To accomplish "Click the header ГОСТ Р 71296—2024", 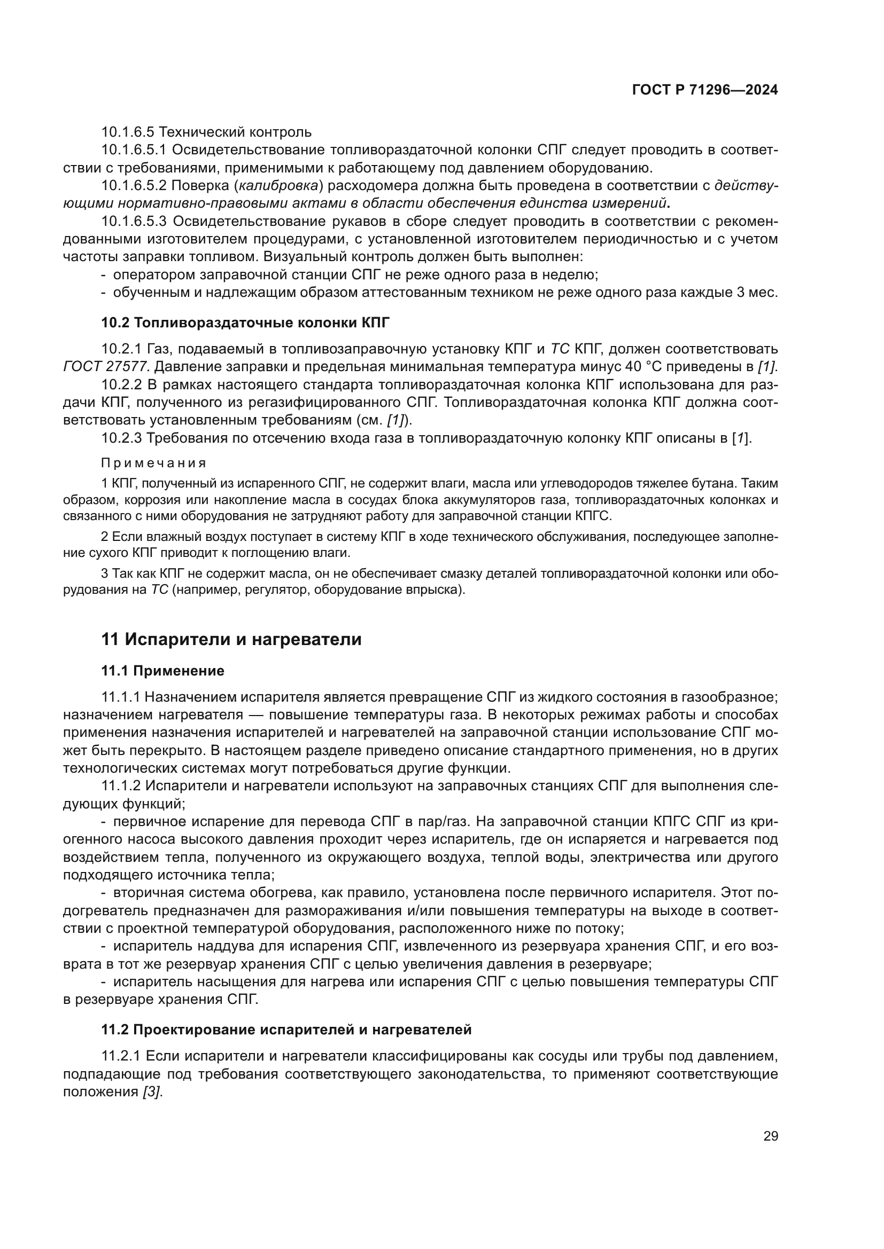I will [704, 90].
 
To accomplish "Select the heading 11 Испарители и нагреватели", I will [231, 639].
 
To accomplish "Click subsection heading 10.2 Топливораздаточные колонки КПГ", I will [245, 323].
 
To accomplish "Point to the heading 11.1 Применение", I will [163, 671].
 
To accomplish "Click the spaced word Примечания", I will [154, 463].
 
